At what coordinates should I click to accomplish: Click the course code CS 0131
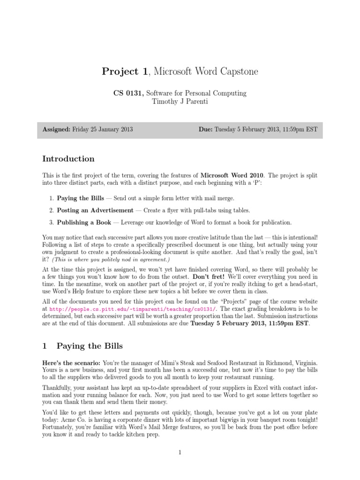click(x=127, y=93)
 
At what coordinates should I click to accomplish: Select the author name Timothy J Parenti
click(x=180, y=102)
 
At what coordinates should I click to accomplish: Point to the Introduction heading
click(x=68, y=158)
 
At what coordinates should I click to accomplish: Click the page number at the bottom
click(x=180, y=452)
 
